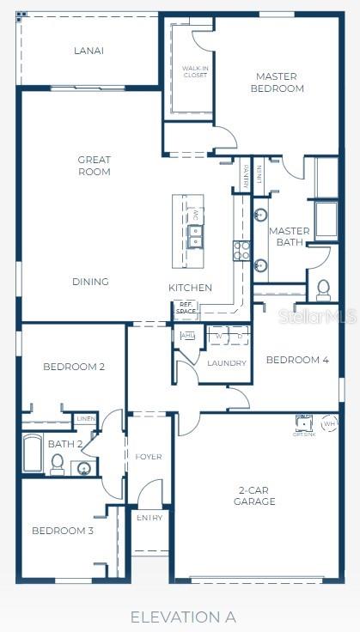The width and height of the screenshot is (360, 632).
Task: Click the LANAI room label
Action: (89, 51)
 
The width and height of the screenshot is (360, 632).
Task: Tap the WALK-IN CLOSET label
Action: (195, 71)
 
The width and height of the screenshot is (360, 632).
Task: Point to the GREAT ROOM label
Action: (95, 166)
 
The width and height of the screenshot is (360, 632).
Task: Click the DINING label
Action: (90, 282)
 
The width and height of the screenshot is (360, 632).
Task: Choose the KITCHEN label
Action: (190, 288)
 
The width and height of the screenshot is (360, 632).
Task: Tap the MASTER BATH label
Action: (289, 236)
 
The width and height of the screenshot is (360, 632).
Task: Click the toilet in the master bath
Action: (324, 289)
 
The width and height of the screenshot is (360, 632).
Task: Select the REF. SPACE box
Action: (186, 307)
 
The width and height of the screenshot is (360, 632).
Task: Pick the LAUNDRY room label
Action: (227, 363)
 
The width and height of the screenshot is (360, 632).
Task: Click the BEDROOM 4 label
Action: (297, 360)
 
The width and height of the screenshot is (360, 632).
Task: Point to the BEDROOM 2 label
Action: (74, 367)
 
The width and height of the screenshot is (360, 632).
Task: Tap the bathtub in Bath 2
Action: (33, 454)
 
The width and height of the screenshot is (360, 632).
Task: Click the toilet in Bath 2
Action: (57, 464)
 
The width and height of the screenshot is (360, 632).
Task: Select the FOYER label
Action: (149, 457)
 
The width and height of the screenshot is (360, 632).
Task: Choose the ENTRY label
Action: (149, 518)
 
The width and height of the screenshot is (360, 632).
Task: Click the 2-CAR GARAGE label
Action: (256, 495)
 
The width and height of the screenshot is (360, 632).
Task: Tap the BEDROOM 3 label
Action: (63, 531)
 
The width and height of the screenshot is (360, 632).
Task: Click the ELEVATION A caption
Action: (183, 617)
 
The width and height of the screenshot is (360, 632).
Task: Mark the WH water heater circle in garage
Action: (329, 423)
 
